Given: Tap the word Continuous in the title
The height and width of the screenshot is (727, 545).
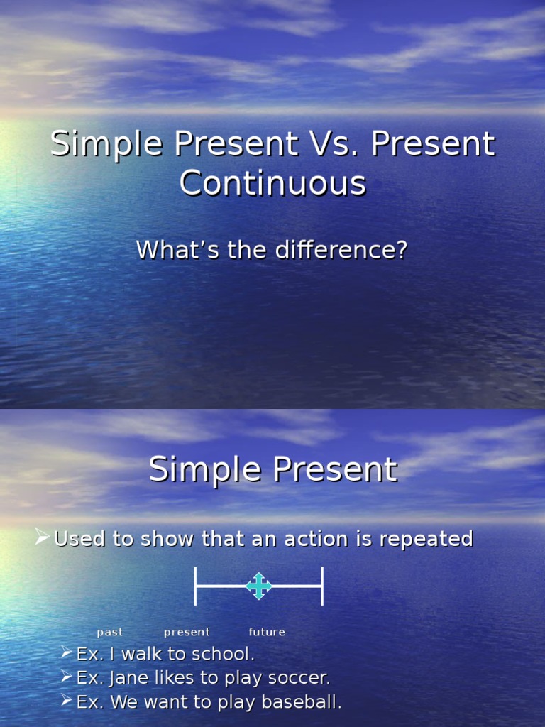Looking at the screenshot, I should (272, 183).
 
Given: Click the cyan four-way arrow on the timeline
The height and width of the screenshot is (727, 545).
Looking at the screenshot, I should (258, 586).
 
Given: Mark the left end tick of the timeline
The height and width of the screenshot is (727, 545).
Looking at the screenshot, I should (196, 586).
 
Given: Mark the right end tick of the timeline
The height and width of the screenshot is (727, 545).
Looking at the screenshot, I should (323, 586).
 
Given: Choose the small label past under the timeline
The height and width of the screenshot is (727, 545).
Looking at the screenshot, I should (110, 632).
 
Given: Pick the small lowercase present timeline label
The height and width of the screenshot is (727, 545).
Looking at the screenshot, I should (187, 632).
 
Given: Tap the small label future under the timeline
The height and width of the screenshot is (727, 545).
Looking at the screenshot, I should (267, 632).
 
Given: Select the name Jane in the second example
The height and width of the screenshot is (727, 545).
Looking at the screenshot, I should (124, 678).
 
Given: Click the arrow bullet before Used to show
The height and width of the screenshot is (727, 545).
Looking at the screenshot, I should (43, 537).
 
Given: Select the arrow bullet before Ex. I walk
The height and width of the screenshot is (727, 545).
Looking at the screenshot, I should (66, 652).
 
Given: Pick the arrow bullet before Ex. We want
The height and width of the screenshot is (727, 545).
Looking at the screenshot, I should (66, 701).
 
